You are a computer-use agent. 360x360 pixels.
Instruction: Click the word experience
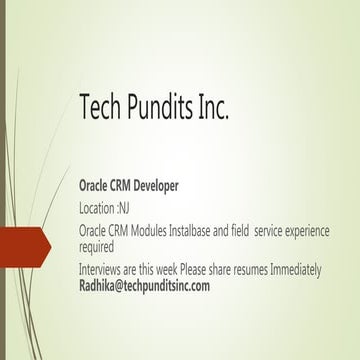307,231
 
